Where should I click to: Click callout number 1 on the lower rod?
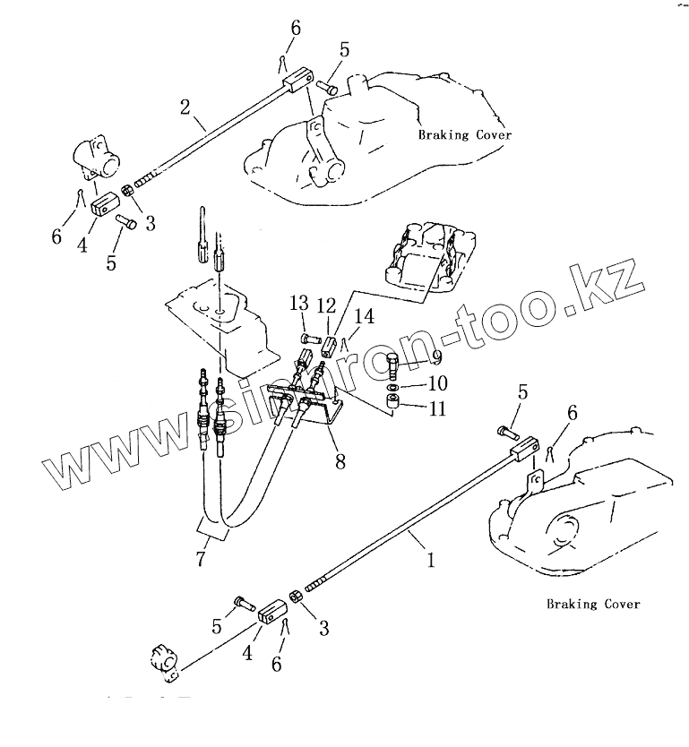click(x=431, y=561)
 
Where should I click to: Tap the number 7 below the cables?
click(x=200, y=560)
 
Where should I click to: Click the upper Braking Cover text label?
click(x=465, y=134)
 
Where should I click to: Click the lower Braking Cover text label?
click(x=593, y=604)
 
